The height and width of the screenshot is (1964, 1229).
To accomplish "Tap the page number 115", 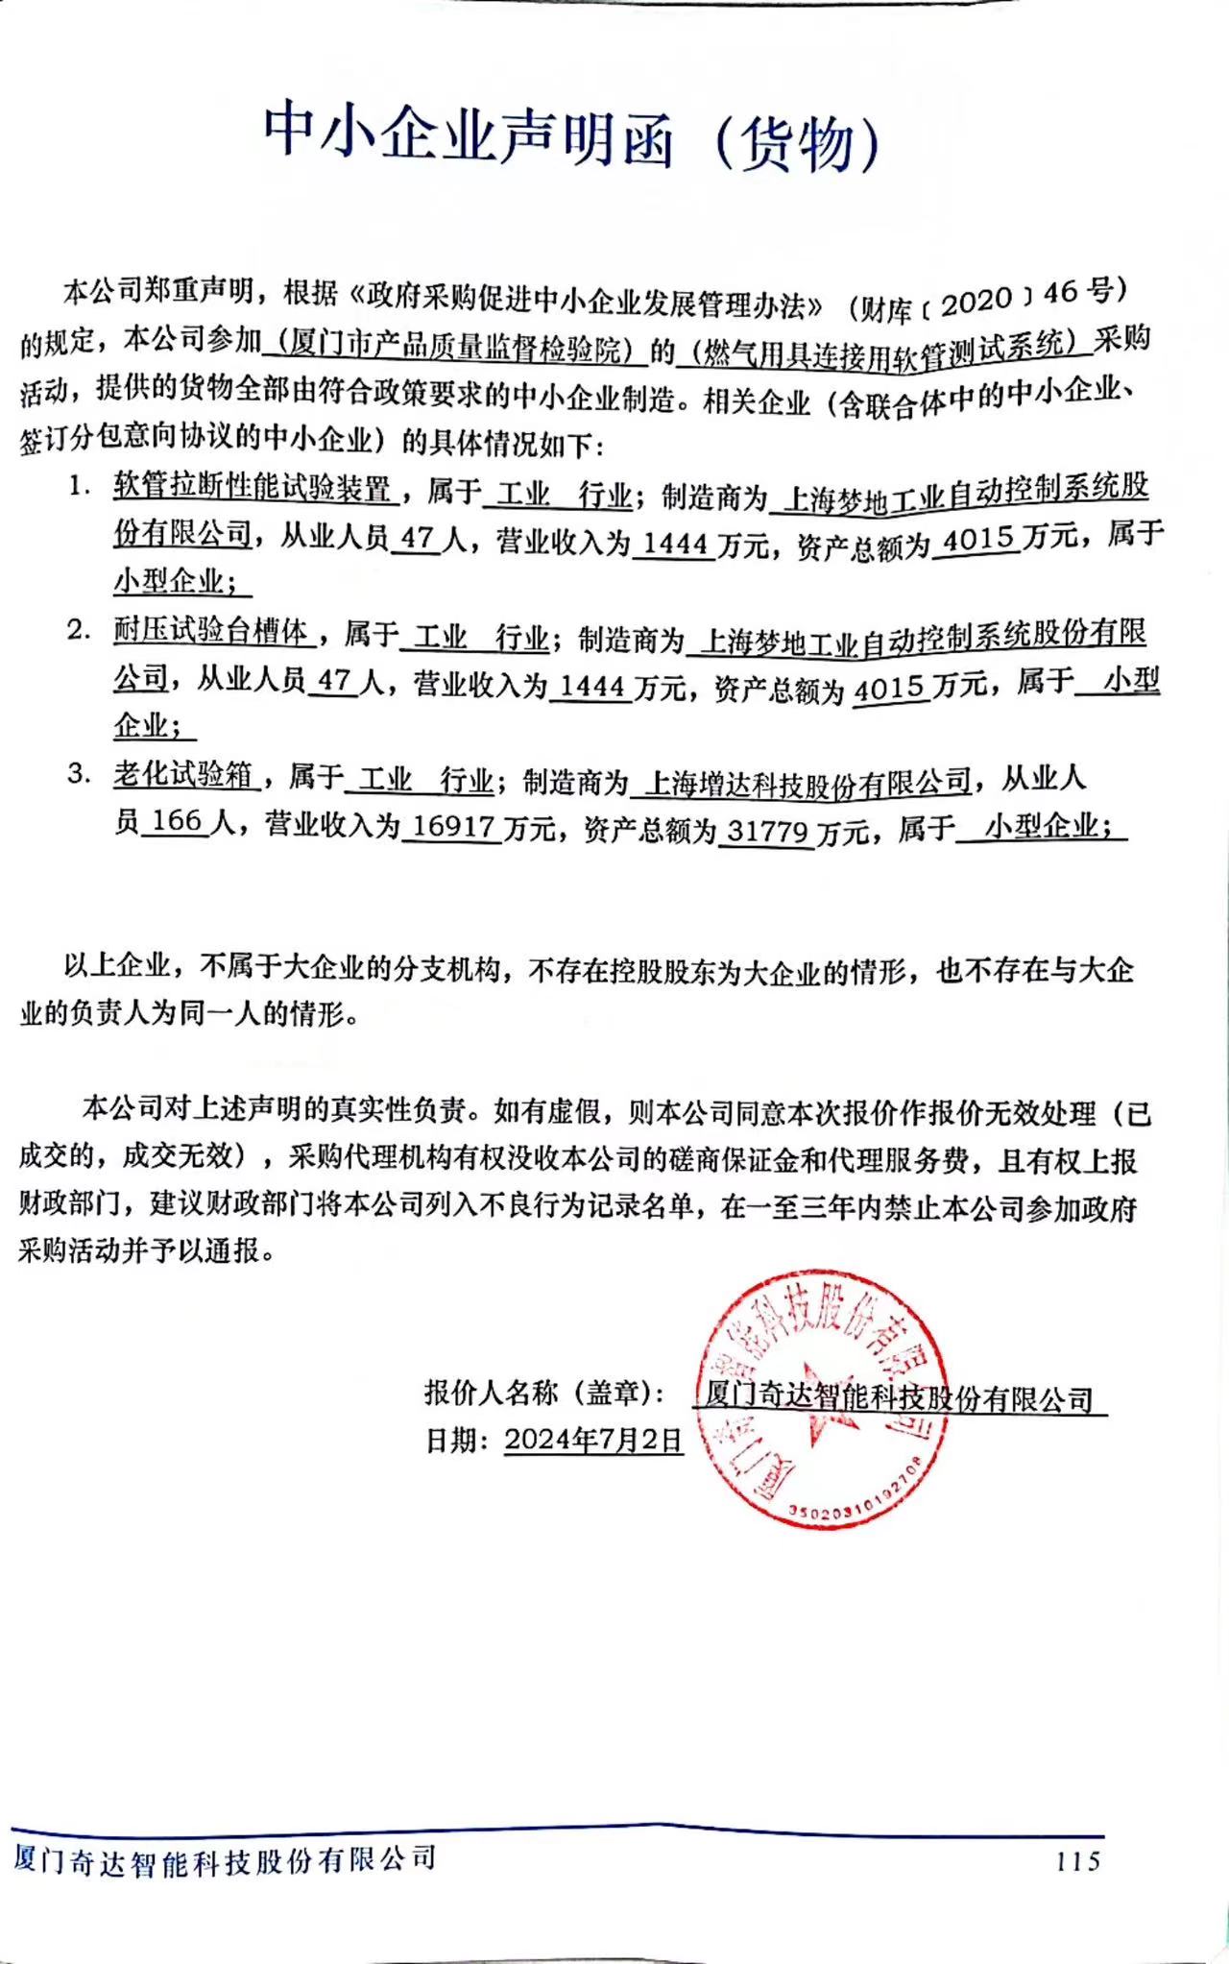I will (1077, 1861).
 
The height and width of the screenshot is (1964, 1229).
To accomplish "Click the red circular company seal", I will (820, 1396).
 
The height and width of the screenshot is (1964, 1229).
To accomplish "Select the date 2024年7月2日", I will (593, 1440).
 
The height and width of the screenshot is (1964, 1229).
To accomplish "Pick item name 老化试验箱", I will (184, 774).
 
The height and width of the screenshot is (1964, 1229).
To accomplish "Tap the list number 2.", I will (78, 630).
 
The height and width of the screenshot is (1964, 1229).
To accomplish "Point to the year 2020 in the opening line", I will (976, 302).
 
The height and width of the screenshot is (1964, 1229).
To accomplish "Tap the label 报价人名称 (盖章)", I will (544, 1392).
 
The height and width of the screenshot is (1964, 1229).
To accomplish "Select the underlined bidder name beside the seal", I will (898, 1398).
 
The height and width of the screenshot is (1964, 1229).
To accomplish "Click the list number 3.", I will (78, 773).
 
